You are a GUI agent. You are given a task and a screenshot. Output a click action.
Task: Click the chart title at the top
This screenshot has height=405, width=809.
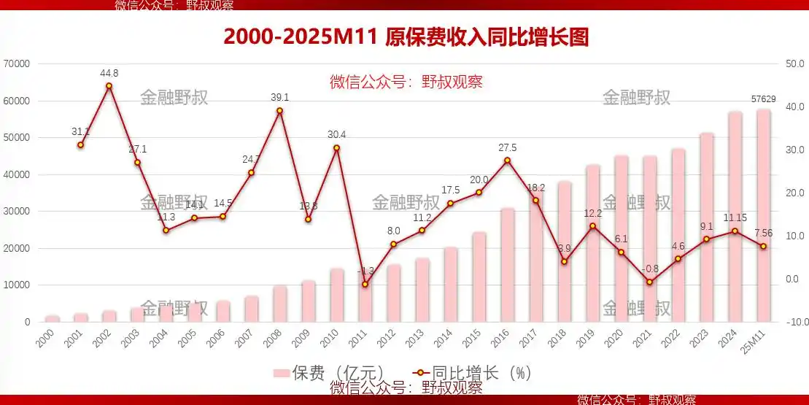point(406,37)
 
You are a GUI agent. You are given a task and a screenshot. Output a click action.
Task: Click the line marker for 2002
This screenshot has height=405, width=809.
point(109,86)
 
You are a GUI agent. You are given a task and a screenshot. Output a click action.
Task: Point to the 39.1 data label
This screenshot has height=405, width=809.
point(279,97)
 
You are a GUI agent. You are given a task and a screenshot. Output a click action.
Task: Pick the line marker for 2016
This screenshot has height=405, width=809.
point(507,161)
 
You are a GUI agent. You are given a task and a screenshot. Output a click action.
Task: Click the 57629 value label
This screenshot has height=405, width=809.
point(764,99)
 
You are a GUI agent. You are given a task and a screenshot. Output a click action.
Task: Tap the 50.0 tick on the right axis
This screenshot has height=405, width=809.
point(794,64)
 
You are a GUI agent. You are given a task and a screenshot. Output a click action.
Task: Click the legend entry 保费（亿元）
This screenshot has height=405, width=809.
point(328,373)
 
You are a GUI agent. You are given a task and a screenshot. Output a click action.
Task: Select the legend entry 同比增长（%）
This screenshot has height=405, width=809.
point(473,373)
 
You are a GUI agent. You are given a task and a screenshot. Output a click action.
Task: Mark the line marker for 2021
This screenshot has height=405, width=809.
point(649,282)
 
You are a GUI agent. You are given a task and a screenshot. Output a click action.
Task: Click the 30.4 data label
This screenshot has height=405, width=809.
point(336,134)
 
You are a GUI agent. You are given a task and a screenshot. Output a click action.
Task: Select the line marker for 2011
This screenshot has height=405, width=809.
point(365,284)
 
